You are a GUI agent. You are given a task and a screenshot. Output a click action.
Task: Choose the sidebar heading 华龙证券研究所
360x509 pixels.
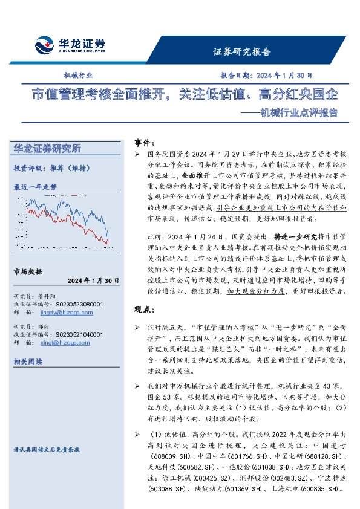pos(47,149)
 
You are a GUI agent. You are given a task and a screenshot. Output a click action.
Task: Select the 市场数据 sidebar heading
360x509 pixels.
pos(29,271)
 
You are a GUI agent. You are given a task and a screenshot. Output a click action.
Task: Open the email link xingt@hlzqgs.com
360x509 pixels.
pos(62,342)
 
